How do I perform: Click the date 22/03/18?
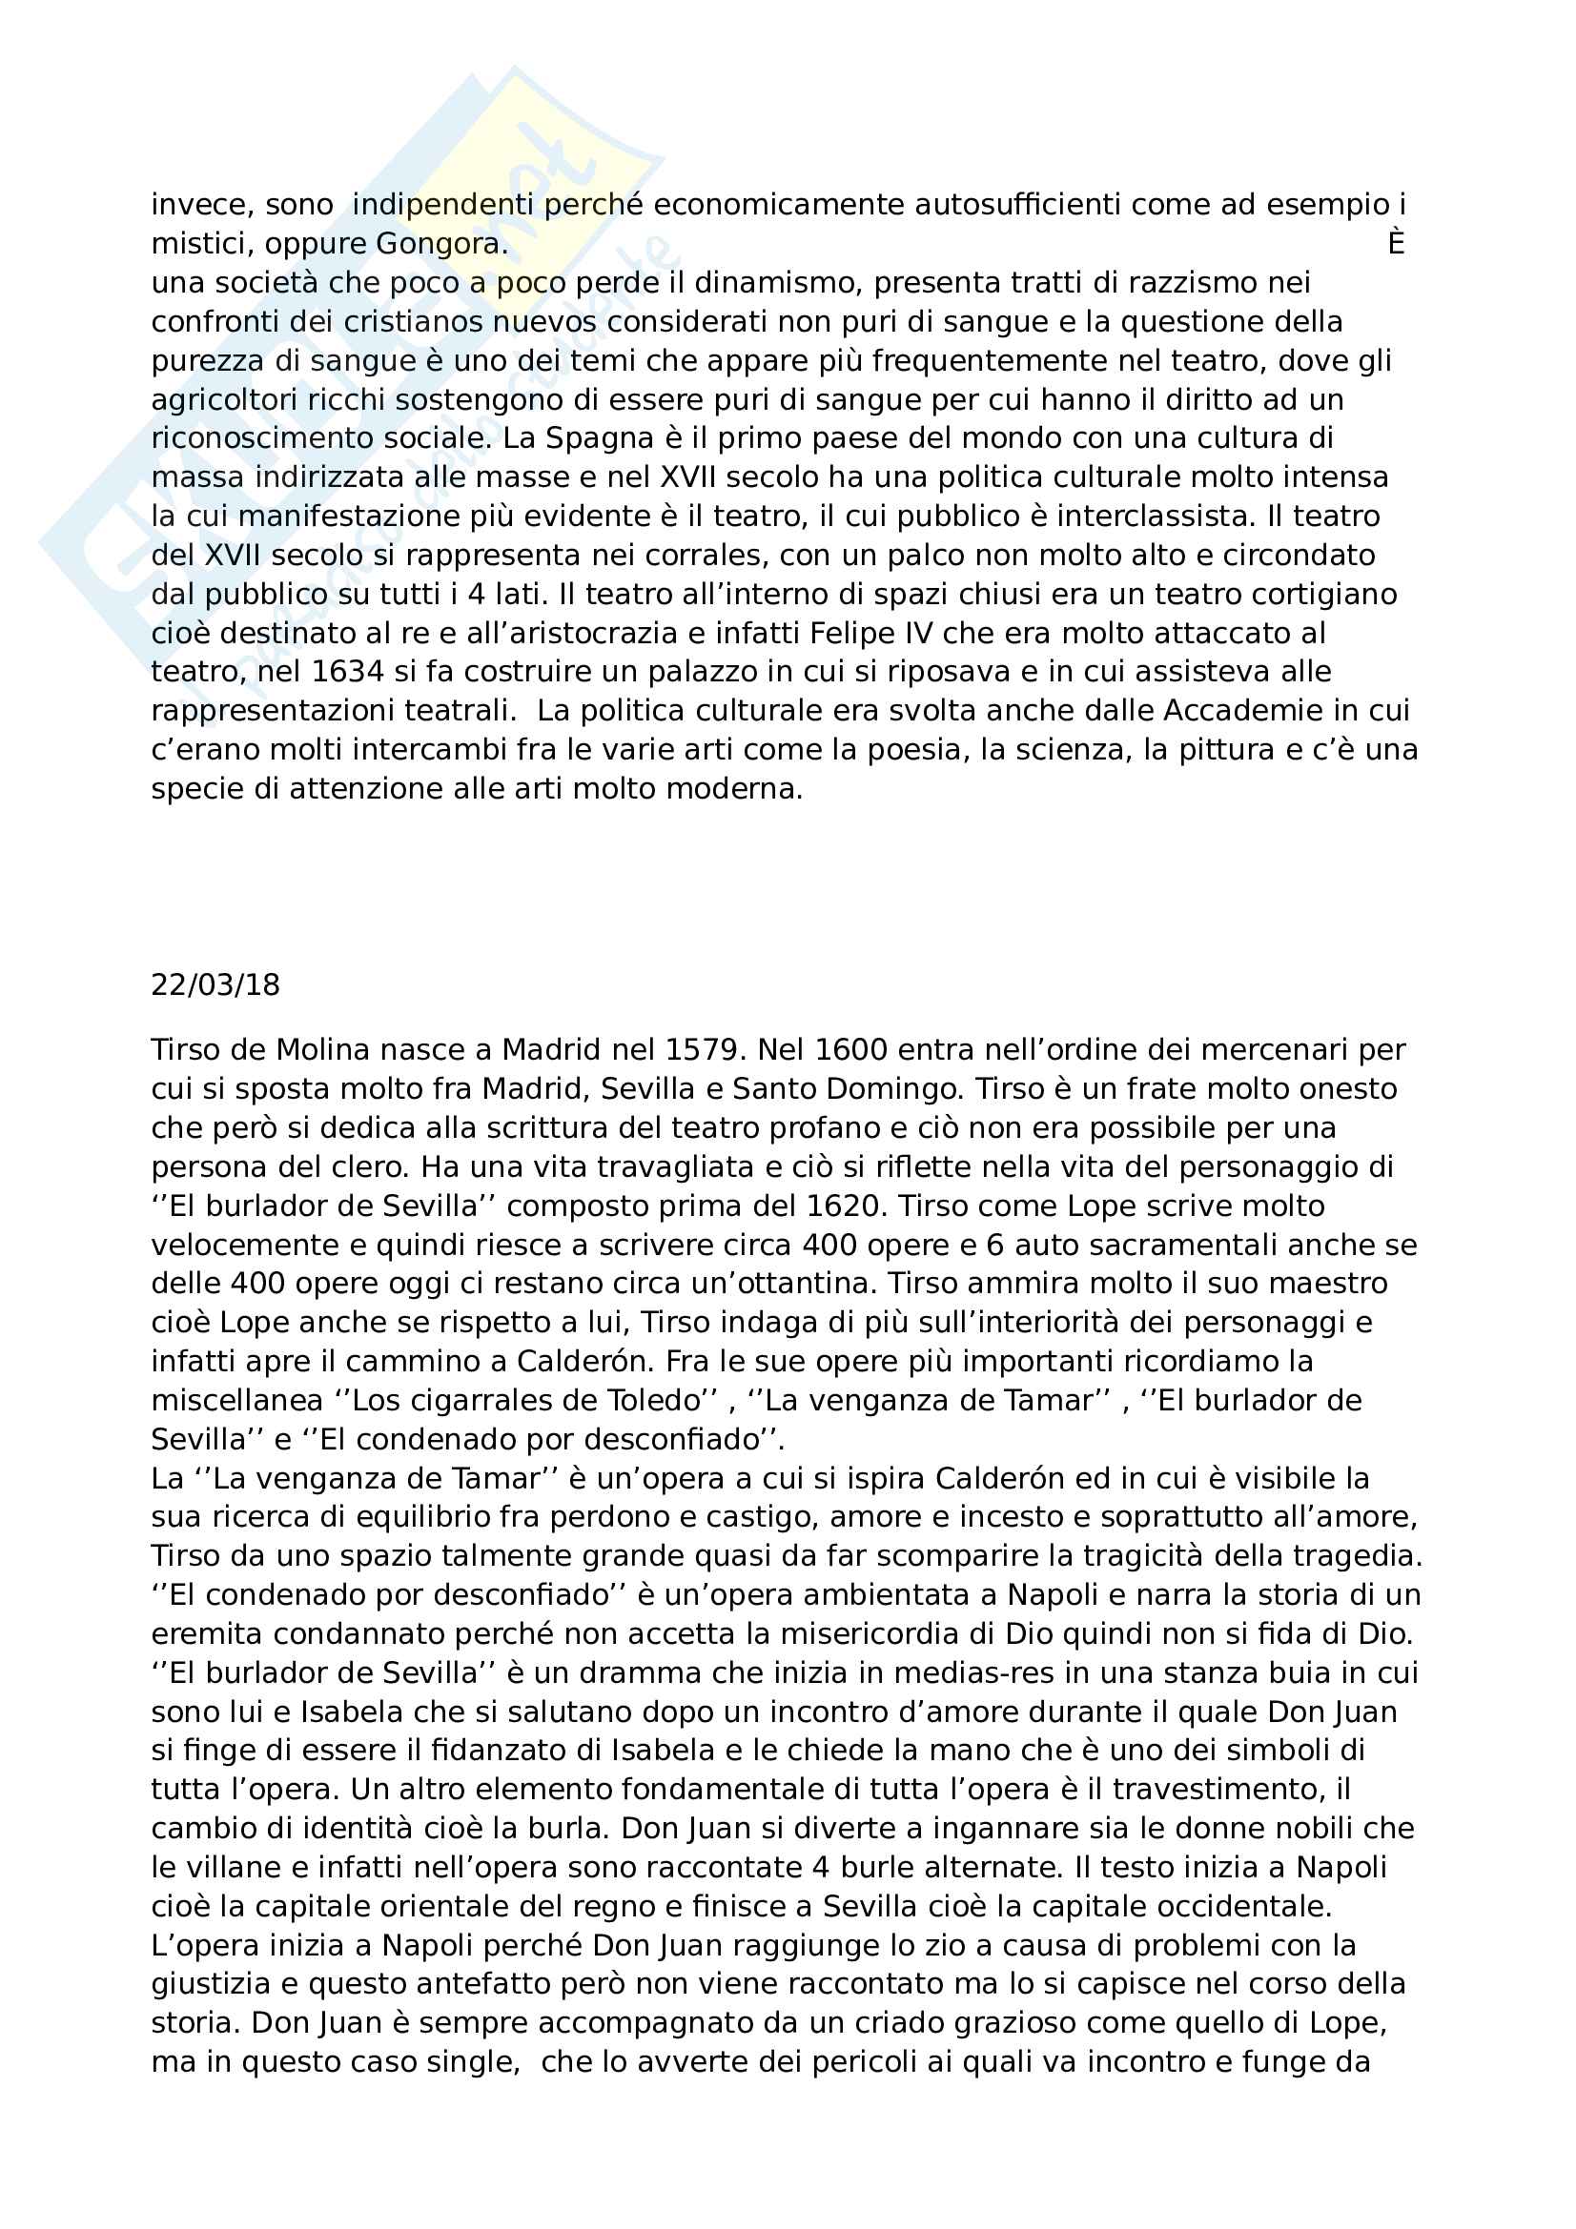click(x=215, y=985)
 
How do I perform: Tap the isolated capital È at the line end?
click(x=1396, y=244)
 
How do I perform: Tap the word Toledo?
click(x=660, y=1400)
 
